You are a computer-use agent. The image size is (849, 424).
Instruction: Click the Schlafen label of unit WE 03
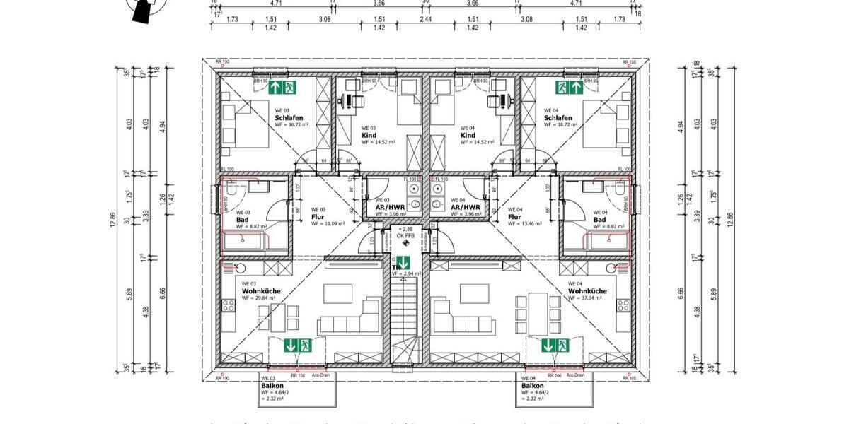(289, 117)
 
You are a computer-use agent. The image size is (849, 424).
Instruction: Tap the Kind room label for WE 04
(468, 135)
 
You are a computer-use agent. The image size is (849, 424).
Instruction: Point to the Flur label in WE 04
(515, 216)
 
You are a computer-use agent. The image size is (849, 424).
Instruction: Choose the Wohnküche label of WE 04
(587, 291)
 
